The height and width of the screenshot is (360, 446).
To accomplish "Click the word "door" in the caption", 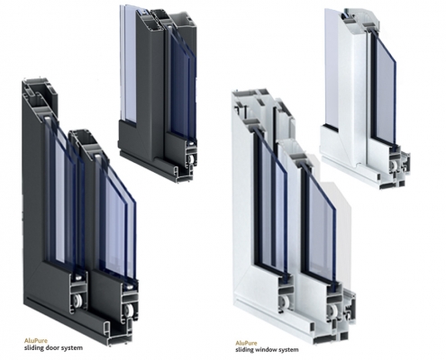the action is click(x=52, y=348).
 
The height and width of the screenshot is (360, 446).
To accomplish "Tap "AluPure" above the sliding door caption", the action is click(x=36, y=341).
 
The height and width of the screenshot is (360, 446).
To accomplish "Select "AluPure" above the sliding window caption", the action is click(x=246, y=343).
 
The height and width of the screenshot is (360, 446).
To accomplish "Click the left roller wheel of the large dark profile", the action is click(x=78, y=301).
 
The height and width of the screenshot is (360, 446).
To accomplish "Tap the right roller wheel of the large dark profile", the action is click(x=130, y=310).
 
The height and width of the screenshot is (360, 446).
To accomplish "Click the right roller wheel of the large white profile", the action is click(x=332, y=310).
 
